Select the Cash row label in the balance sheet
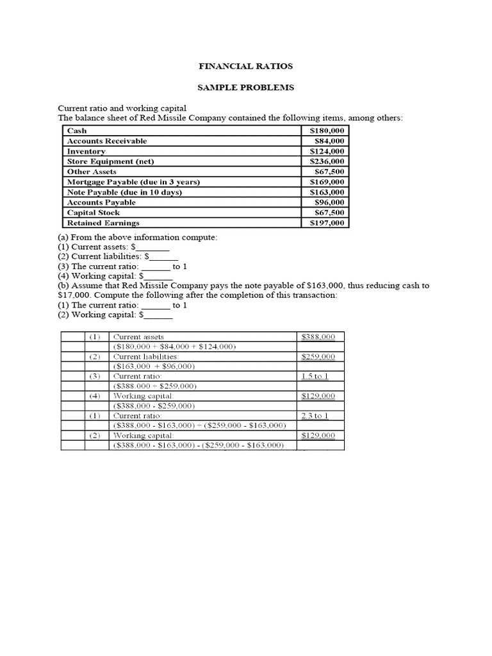point(77,131)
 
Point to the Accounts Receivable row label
point(107,141)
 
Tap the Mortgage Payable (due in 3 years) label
point(133,182)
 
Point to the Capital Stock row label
point(94,213)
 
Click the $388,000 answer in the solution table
point(318,337)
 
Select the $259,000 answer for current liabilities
point(318,357)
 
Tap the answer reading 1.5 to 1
point(315,377)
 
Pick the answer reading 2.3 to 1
point(315,416)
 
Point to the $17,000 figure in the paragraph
point(74,295)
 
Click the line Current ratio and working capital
point(122,108)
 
